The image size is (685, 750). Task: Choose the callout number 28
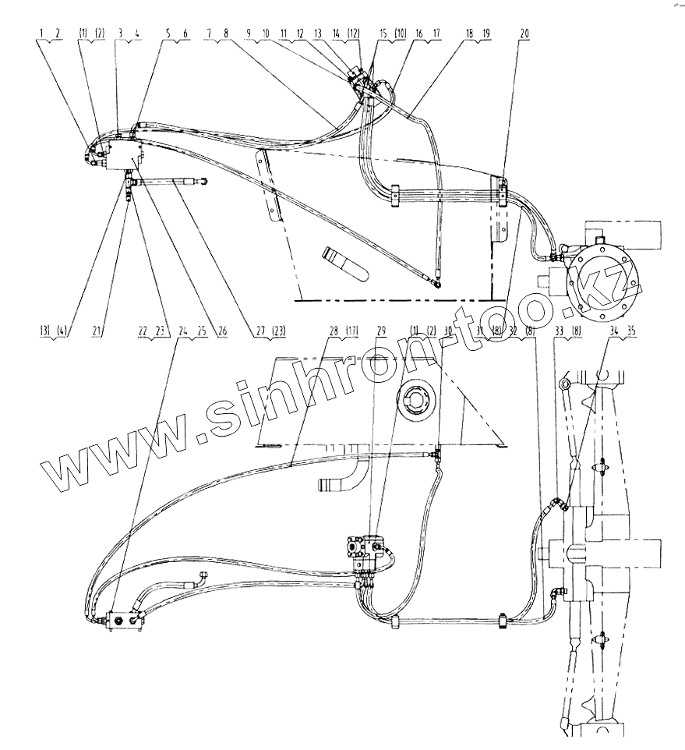point(334,331)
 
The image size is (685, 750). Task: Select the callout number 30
point(447,331)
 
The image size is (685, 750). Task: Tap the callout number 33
point(557,331)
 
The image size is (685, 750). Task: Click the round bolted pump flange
point(606,278)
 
